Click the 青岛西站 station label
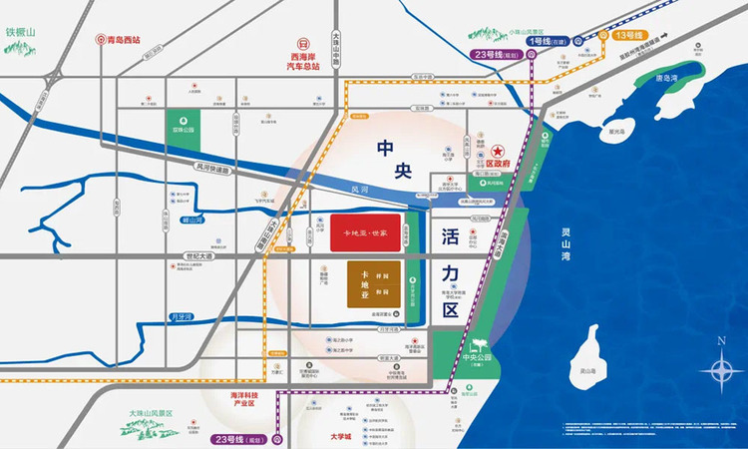coord(123,41)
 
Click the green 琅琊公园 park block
coord(182,130)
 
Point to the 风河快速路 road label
coord(212,170)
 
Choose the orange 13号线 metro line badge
coord(629,36)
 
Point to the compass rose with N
coord(720,371)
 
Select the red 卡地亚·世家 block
coord(365,231)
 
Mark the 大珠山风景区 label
coord(151,411)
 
